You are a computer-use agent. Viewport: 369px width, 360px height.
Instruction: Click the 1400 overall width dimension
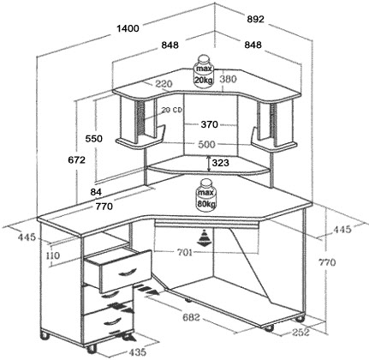point(128,28)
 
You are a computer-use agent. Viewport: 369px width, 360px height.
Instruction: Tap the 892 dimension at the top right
point(256,19)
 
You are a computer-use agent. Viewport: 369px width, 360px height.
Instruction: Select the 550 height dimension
point(94,139)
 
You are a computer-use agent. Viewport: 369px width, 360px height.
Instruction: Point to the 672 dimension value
point(76,160)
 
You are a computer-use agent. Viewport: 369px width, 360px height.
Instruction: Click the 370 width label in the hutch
point(210,124)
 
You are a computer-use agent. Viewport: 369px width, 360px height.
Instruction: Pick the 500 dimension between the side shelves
point(206,144)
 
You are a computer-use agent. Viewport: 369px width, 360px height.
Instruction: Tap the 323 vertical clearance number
point(221,163)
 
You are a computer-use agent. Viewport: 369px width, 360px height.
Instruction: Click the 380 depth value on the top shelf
point(229,79)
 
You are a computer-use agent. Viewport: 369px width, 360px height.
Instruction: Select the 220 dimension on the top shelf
point(164,84)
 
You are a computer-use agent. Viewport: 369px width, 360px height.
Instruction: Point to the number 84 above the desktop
point(96,192)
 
